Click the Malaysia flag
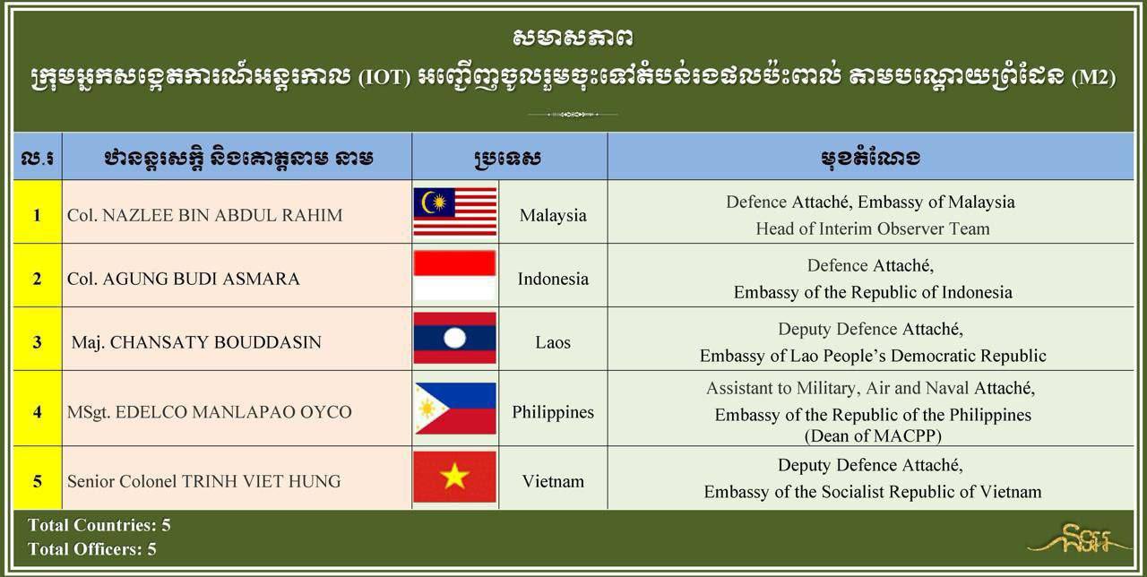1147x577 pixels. click(x=455, y=211)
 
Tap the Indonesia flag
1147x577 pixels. click(x=454, y=275)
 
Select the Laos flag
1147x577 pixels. click(x=454, y=338)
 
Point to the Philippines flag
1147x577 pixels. click(x=455, y=408)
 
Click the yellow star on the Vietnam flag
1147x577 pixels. click(x=454, y=477)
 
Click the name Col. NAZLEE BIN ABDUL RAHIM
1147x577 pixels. click(x=205, y=215)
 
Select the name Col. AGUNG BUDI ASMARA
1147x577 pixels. click(x=184, y=279)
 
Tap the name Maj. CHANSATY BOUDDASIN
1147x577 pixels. click(x=196, y=342)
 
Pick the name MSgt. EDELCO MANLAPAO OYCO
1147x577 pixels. click(x=210, y=411)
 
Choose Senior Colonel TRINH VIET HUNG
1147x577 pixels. click(x=203, y=481)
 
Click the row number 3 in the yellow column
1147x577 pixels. click(x=38, y=342)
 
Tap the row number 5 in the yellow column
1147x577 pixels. click(x=38, y=481)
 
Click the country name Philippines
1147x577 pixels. click(x=553, y=412)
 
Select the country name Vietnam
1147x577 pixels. click(x=553, y=481)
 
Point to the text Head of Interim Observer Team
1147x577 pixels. click(x=873, y=228)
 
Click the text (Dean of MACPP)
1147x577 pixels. click(x=873, y=435)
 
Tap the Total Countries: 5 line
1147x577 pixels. click(x=99, y=525)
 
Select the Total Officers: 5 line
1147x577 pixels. click(x=92, y=549)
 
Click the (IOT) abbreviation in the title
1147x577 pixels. click(x=384, y=78)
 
